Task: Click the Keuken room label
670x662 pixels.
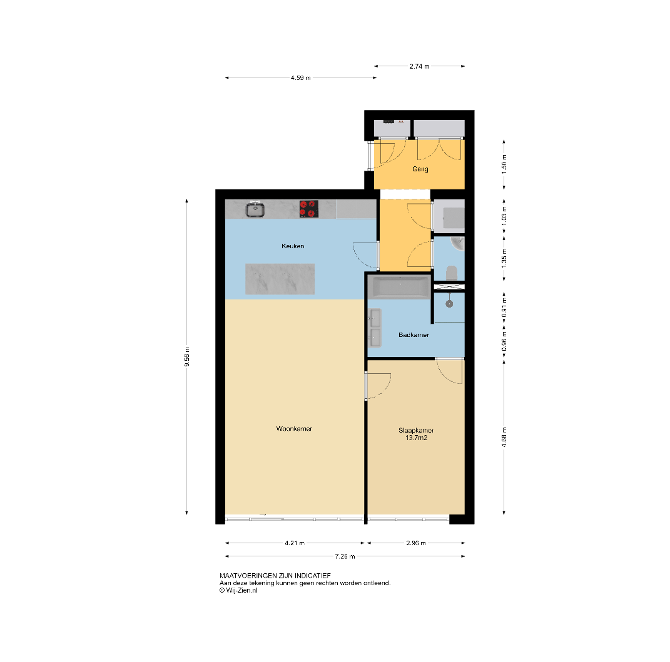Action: click(293, 246)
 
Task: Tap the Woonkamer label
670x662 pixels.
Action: click(294, 429)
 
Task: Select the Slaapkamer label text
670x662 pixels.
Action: click(416, 431)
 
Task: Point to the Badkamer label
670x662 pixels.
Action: click(414, 335)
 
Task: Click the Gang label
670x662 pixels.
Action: click(420, 169)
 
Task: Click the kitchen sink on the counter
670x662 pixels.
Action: click(255, 209)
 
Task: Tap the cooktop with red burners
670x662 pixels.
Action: click(309, 209)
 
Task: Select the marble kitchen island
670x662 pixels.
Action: click(280, 279)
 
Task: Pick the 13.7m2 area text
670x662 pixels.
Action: click(416, 438)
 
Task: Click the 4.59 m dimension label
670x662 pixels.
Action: click(301, 78)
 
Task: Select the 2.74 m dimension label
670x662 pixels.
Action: click(420, 66)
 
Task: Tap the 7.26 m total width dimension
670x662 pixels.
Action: click(345, 556)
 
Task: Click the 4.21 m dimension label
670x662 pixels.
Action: click(295, 543)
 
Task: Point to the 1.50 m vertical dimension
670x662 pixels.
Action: click(504, 164)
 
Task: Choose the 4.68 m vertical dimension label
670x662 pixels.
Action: click(504, 437)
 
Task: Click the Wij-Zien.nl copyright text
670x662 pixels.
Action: click(238, 591)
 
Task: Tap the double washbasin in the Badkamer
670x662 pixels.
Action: click(375, 328)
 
